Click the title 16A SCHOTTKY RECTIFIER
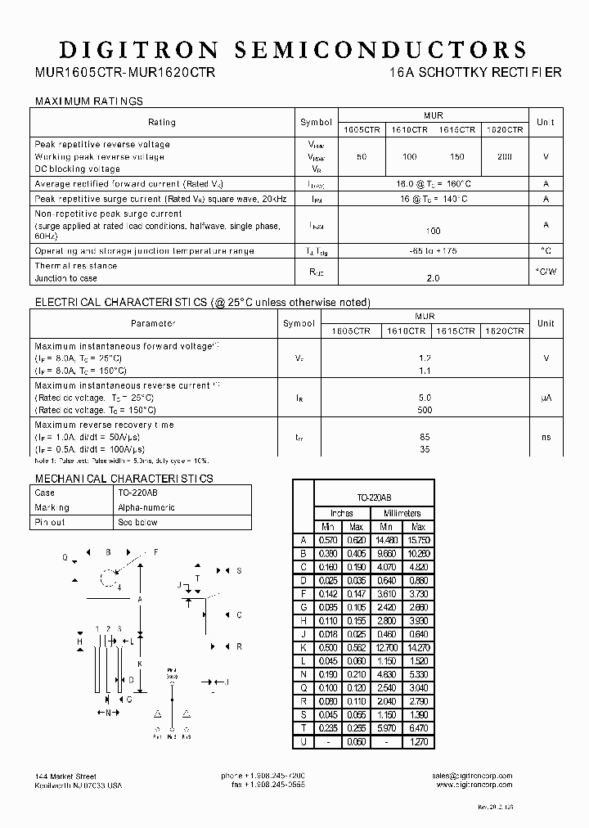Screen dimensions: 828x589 477,73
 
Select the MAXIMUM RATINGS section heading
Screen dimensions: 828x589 88,101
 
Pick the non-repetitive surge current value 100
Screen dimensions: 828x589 433,232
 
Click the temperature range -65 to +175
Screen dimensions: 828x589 433,251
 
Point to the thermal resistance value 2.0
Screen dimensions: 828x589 433,278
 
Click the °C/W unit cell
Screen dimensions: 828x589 546,271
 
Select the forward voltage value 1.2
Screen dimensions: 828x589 425,358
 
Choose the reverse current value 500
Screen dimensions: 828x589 425,410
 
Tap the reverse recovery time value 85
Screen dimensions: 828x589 425,437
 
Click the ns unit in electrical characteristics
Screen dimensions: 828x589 546,437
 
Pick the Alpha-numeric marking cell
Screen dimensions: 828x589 146,507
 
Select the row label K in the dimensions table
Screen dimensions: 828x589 303,647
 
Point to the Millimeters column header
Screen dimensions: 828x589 402,513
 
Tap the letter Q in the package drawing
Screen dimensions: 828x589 65,557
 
